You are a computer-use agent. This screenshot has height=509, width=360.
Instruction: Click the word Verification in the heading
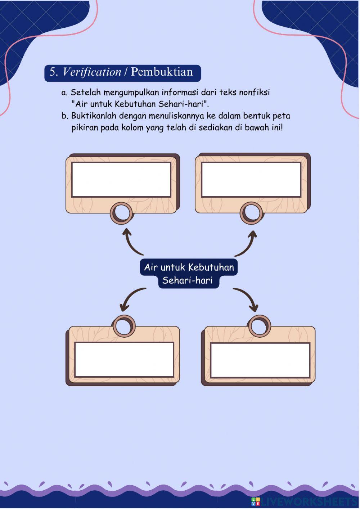[92, 72]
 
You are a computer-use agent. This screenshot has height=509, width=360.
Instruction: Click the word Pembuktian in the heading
[162, 72]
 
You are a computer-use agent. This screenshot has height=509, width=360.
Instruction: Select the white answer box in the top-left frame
[121, 180]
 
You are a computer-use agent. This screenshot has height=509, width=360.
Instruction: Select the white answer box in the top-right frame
[251, 180]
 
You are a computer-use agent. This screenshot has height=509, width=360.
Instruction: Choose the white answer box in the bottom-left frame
[124, 360]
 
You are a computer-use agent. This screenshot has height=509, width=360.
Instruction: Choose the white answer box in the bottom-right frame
[260, 360]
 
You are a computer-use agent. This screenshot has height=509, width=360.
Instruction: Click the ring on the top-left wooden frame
[122, 212]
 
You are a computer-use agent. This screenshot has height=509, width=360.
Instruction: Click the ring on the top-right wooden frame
[252, 212]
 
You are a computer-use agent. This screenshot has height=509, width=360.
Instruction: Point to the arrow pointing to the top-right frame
[247, 243]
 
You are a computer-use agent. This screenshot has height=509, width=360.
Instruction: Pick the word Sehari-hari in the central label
[187, 280]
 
